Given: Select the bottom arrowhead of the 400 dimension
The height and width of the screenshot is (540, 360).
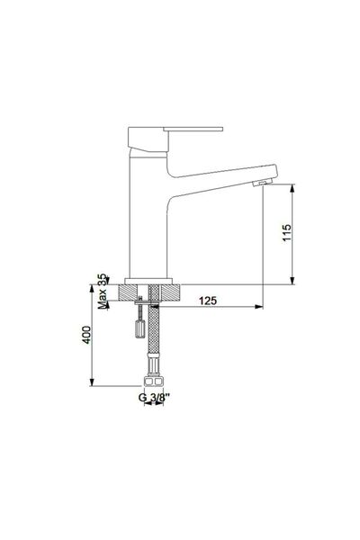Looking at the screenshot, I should coord(93,383).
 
